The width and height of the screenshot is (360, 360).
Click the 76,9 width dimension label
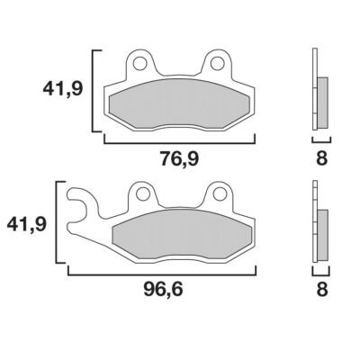click(179, 159)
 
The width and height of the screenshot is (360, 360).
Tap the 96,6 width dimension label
click(163, 290)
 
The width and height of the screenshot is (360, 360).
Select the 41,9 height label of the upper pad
click(62, 89)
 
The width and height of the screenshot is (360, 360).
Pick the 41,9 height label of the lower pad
click(26, 224)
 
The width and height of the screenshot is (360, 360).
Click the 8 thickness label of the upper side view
click(321, 158)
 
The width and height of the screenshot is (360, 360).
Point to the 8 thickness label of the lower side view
click(321, 290)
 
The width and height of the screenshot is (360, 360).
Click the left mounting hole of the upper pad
click(139, 63)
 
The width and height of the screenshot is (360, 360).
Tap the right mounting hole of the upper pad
click(217, 63)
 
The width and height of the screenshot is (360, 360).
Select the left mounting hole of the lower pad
click(143, 193)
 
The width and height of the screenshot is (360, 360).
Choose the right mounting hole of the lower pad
click(220, 193)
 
